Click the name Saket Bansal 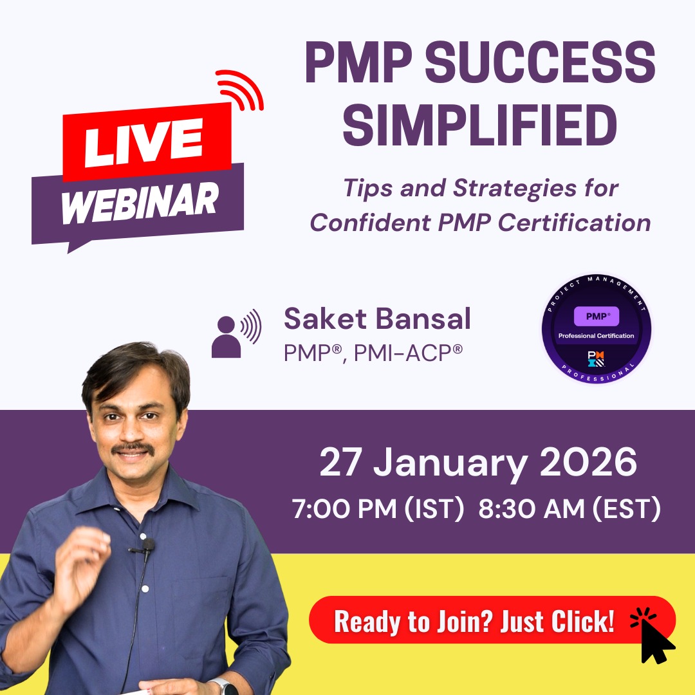pyautogui.click(x=377, y=319)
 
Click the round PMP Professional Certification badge pyautogui.click(x=596, y=328)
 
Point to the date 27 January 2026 pyautogui.click(x=477, y=462)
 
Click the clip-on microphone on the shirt pyautogui.click(x=147, y=546)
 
